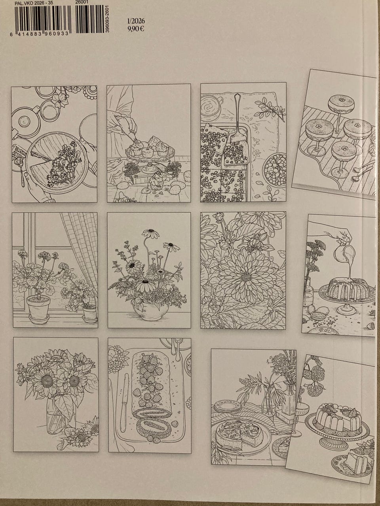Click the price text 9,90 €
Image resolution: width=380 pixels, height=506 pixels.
[136, 29]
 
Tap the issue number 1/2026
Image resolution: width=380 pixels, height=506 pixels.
[136, 21]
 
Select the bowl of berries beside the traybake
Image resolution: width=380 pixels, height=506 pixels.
[275, 170]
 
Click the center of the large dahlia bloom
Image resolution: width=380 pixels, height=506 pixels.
[247, 276]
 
